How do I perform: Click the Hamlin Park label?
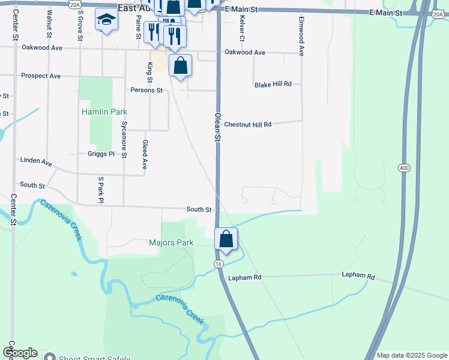(104, 112)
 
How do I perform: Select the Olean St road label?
(218, 127)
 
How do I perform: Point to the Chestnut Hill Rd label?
(248, 124)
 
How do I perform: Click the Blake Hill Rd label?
(273, 85)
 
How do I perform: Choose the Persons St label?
(146, 90)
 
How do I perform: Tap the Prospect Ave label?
(41, 76)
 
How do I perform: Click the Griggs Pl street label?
(100, 154)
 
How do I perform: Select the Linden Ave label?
(36, 162)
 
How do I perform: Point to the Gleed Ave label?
(145, 155)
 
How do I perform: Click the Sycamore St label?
(124, 140)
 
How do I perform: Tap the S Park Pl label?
(101, 189)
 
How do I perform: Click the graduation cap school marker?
(106, 21)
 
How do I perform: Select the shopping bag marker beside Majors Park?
(226, 239)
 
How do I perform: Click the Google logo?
(19, 353)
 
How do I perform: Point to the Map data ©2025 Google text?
(411, 355)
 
